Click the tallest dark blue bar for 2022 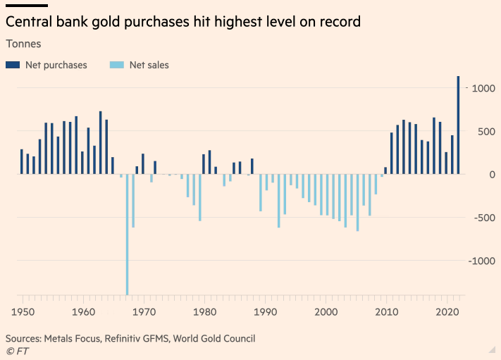(458, 125)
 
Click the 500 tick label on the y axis (482, 131)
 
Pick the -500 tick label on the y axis (480, 218)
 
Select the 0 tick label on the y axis (488, 174)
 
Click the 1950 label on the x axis (23, 311)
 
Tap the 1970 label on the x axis (144, 311)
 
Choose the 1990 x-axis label (265, 311)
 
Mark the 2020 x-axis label (447, 311)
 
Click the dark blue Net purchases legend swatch (13, 66)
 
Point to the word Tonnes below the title (23, 44)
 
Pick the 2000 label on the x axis (326, 311)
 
